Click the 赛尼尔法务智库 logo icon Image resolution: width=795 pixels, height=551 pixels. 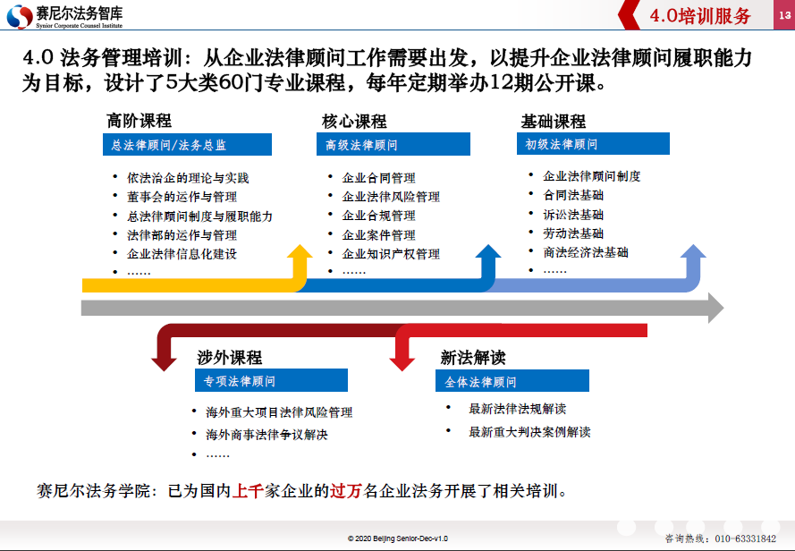[x=20, y=16]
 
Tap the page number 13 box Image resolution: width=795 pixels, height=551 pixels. [x=784, y=15]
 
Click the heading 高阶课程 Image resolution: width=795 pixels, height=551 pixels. [x=139, y=121]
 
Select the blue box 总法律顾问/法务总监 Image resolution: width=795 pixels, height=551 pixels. [x=187, y=145]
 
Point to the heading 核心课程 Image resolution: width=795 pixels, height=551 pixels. [x=354, y=122]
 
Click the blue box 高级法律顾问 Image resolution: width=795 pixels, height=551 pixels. [x=393, y=145]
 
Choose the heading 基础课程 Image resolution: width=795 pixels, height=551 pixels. [x=554, y=122]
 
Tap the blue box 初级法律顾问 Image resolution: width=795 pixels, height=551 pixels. [x=593, y=144]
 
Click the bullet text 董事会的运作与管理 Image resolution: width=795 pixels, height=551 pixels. [x=182, y=197]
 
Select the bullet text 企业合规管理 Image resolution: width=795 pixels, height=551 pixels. [x=379, y=216]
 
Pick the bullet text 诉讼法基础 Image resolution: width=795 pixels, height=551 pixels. [x=573, y=215]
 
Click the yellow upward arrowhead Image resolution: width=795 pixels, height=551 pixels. [x=300, y=251]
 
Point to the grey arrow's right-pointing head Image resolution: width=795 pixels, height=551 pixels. [x=715, y=308]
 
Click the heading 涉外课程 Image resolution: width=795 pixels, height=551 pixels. [x=229, y=358]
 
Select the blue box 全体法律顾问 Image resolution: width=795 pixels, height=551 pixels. [x=512, y=381]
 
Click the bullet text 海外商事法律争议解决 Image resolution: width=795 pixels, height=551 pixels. [x=266, y=435]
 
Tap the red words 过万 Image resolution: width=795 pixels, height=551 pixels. [x=346, y=491]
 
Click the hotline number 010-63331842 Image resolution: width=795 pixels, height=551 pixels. [x=745, y=538]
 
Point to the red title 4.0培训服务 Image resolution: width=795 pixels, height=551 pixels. [x=700, y=16]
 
